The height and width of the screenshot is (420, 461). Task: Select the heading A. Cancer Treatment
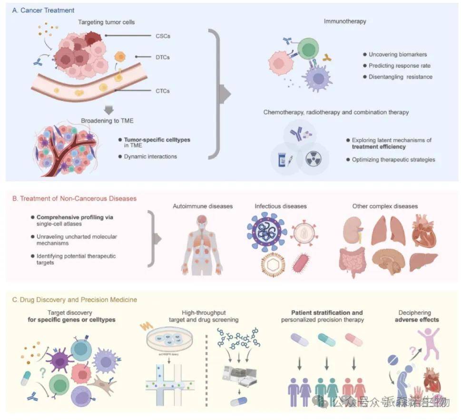[x=43, y=10]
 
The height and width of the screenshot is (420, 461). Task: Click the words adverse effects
[x=417, y=320]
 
